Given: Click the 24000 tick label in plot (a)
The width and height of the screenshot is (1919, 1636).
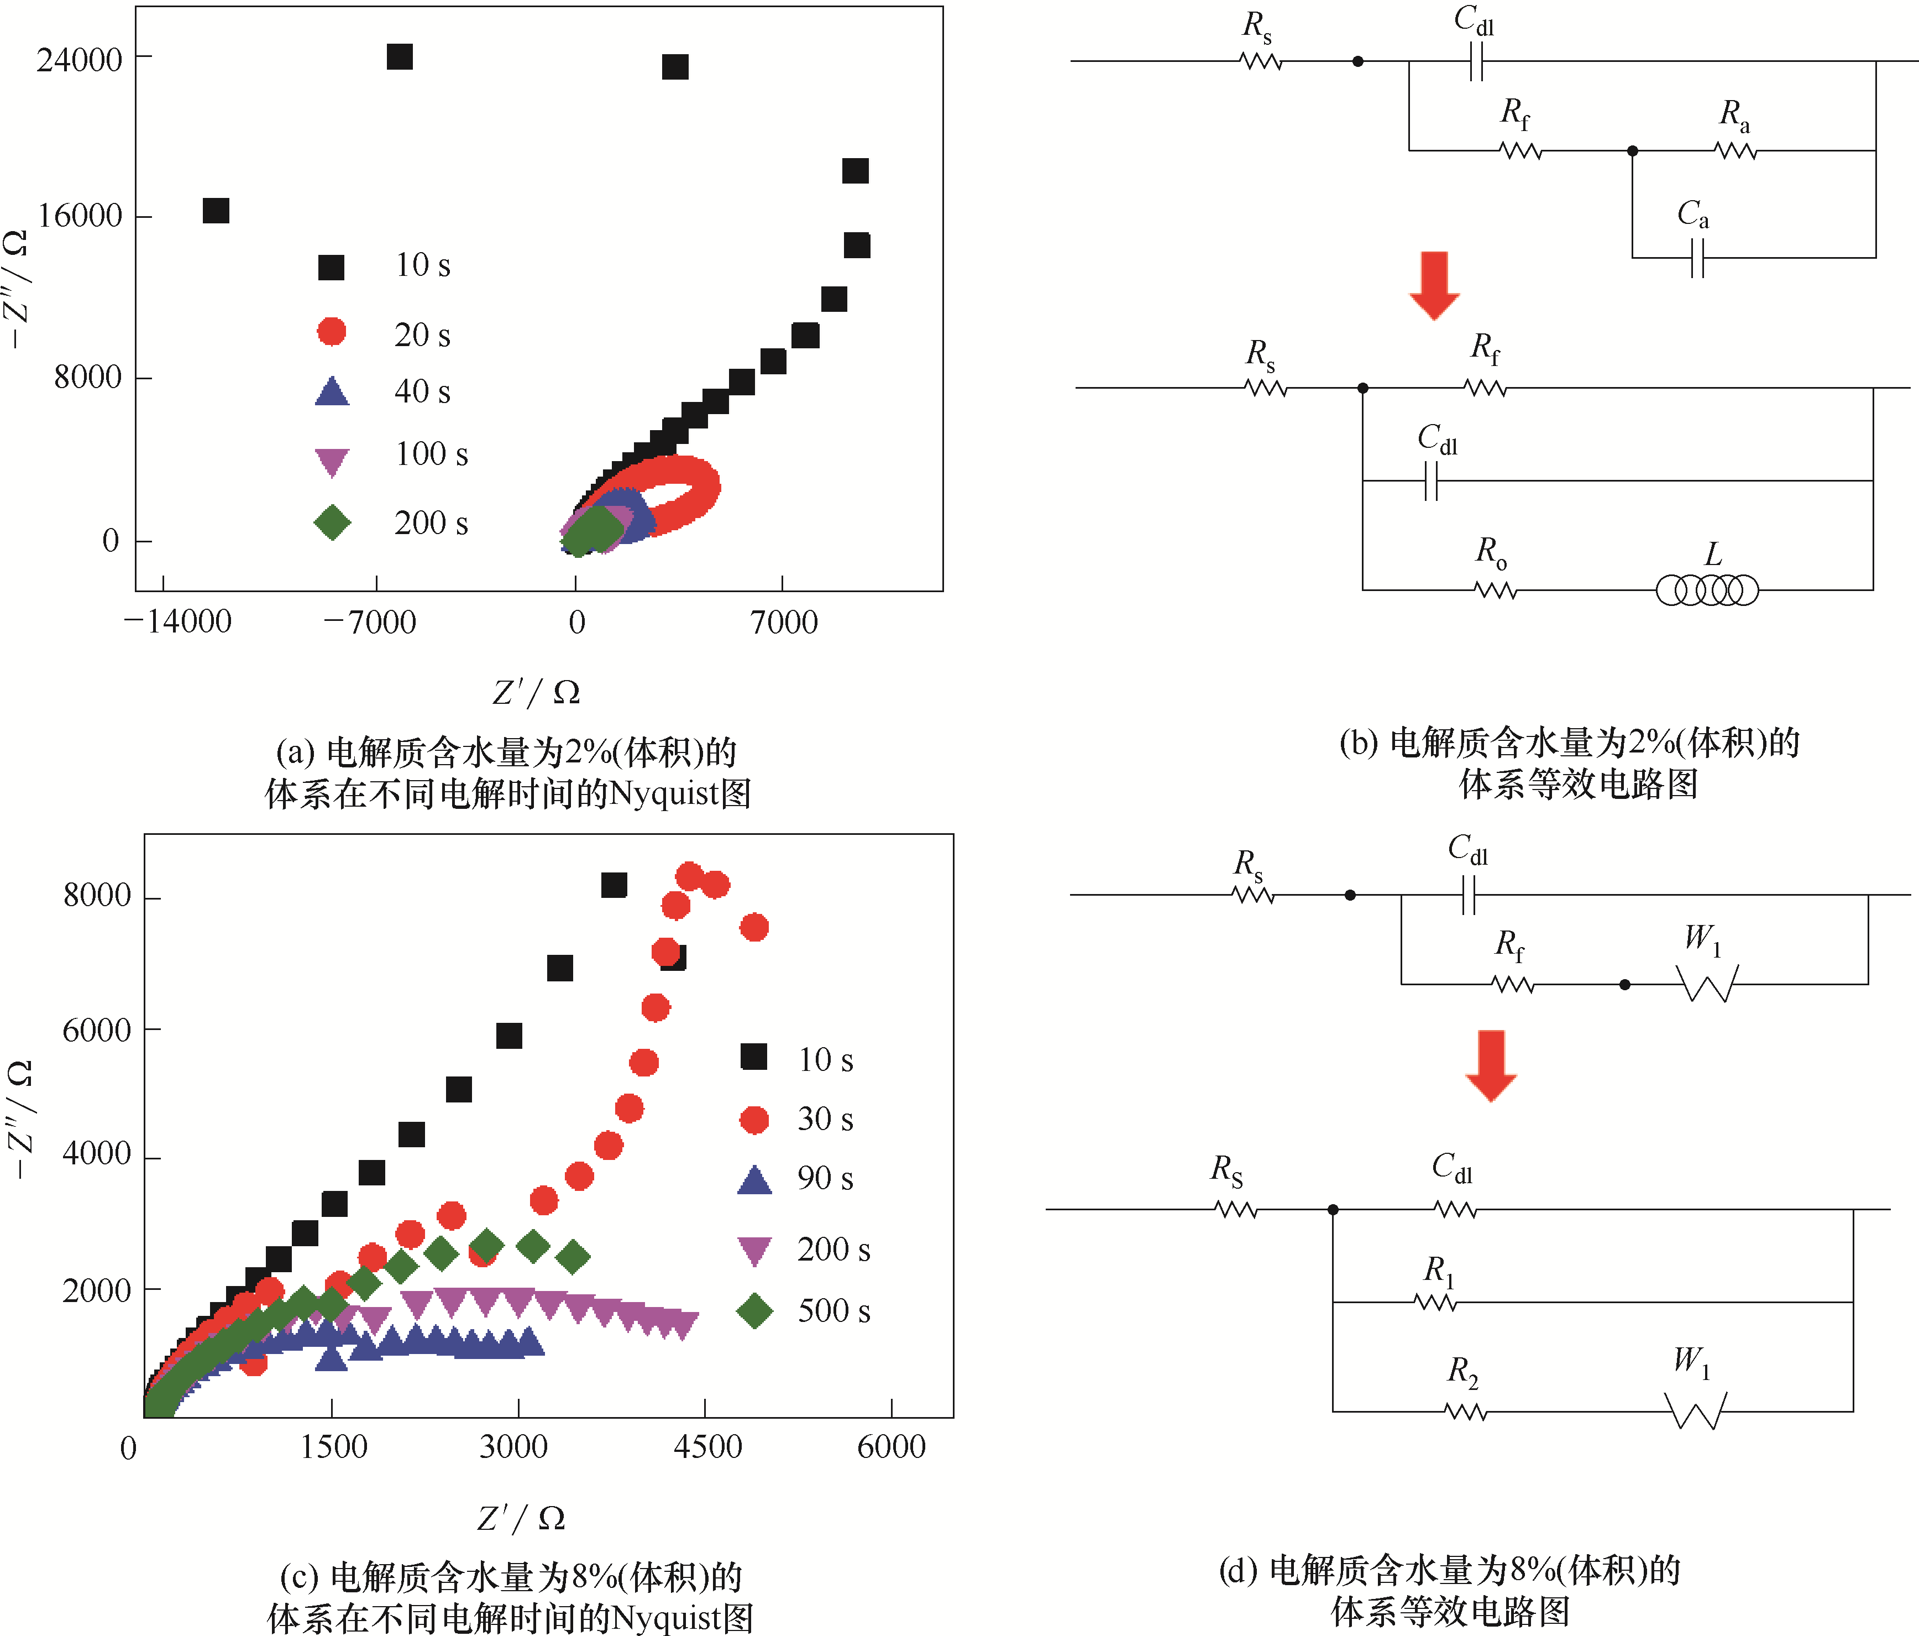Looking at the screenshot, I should pos(80,60).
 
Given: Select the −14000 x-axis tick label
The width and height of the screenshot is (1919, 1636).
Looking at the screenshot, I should pos(178,621).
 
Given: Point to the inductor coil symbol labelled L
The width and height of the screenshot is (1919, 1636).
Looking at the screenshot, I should pos(1706,589).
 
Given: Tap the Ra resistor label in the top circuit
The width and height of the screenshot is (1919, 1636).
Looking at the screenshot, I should pos(1734,115).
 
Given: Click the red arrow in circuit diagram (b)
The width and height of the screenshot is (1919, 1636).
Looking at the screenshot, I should pos(1434,284).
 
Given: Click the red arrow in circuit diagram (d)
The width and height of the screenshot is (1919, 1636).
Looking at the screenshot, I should pos(1490,1065).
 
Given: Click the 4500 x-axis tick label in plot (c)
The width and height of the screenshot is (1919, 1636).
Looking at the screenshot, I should pos(707,1447).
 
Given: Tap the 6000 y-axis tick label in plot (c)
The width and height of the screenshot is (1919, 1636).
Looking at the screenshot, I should pos(96,1030).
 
